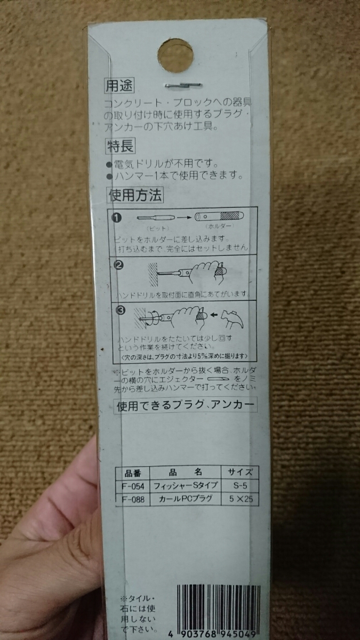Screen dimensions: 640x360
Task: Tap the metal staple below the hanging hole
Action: tap(183, 84)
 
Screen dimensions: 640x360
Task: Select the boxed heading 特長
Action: tap(119, 145)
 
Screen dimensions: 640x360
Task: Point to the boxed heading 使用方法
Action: tap(134, 195)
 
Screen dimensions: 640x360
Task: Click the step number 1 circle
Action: tap(117, 217)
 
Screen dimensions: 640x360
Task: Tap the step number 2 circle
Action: tap(117, 265)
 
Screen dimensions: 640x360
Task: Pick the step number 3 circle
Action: tap(118, 311)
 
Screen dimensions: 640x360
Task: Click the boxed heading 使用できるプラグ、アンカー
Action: tap(186, 405)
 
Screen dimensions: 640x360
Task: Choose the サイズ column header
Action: tap(240, 473)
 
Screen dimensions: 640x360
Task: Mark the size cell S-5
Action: tap(240, 486)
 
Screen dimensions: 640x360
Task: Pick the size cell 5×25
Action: tap(241, 499)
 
